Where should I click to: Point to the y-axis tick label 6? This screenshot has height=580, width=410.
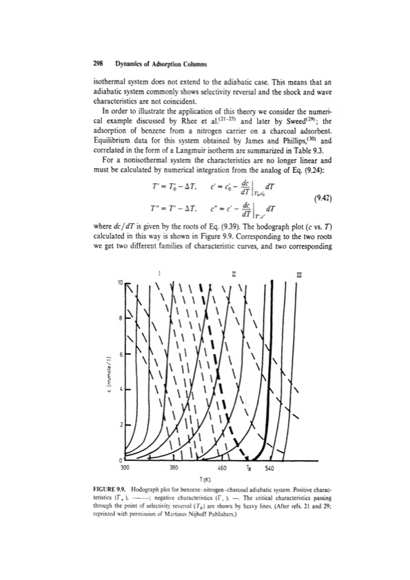coord(121,354)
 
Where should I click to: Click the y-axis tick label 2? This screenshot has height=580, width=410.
coord(121,425)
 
